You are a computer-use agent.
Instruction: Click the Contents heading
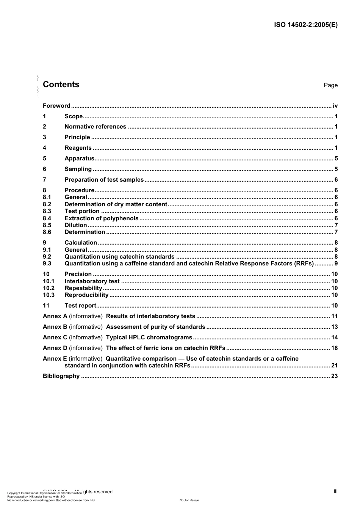tap(61, 85)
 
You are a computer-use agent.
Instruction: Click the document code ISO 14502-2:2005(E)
tap(305, 25)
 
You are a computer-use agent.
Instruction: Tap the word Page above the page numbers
tap(330, 85)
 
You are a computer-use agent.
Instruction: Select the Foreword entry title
tap(56, 106)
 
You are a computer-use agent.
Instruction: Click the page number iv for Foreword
tap(335, 106)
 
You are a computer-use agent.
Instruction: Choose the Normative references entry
tap(95, 127)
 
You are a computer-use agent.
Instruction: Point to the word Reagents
tap(78, 148)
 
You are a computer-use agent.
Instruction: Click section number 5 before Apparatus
tap(45, 158)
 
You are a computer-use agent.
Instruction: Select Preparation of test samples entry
tap(104, 180)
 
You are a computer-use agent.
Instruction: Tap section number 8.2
tap(47, 204)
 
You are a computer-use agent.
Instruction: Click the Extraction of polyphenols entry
tap(102, 218)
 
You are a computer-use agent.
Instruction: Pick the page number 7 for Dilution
tap(336, 225)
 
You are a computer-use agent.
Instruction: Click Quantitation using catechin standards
tap(119, 257)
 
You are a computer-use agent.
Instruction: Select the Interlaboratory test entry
tap(92, 281)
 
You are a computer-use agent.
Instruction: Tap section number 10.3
tap(49, 295)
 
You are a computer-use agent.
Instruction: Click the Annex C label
tap(55, 337)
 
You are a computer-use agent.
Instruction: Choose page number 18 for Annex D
tap(334, 348)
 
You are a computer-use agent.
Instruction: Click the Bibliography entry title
tap(61, 376)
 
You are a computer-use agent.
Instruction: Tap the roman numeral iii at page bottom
tap(335, 491)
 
